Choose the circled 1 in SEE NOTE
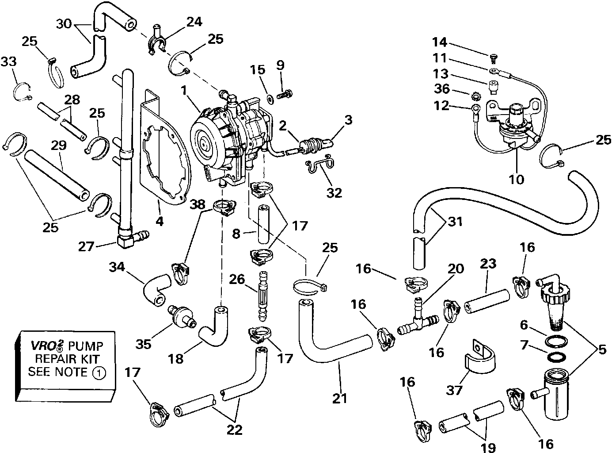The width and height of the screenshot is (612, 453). [99, 373]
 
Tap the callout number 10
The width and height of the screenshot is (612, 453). [516, 179]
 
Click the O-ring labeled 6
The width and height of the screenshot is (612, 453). [553, 341]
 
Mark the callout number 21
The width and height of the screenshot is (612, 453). [340, 398]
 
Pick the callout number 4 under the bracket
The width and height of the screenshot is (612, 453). [160, 220]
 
